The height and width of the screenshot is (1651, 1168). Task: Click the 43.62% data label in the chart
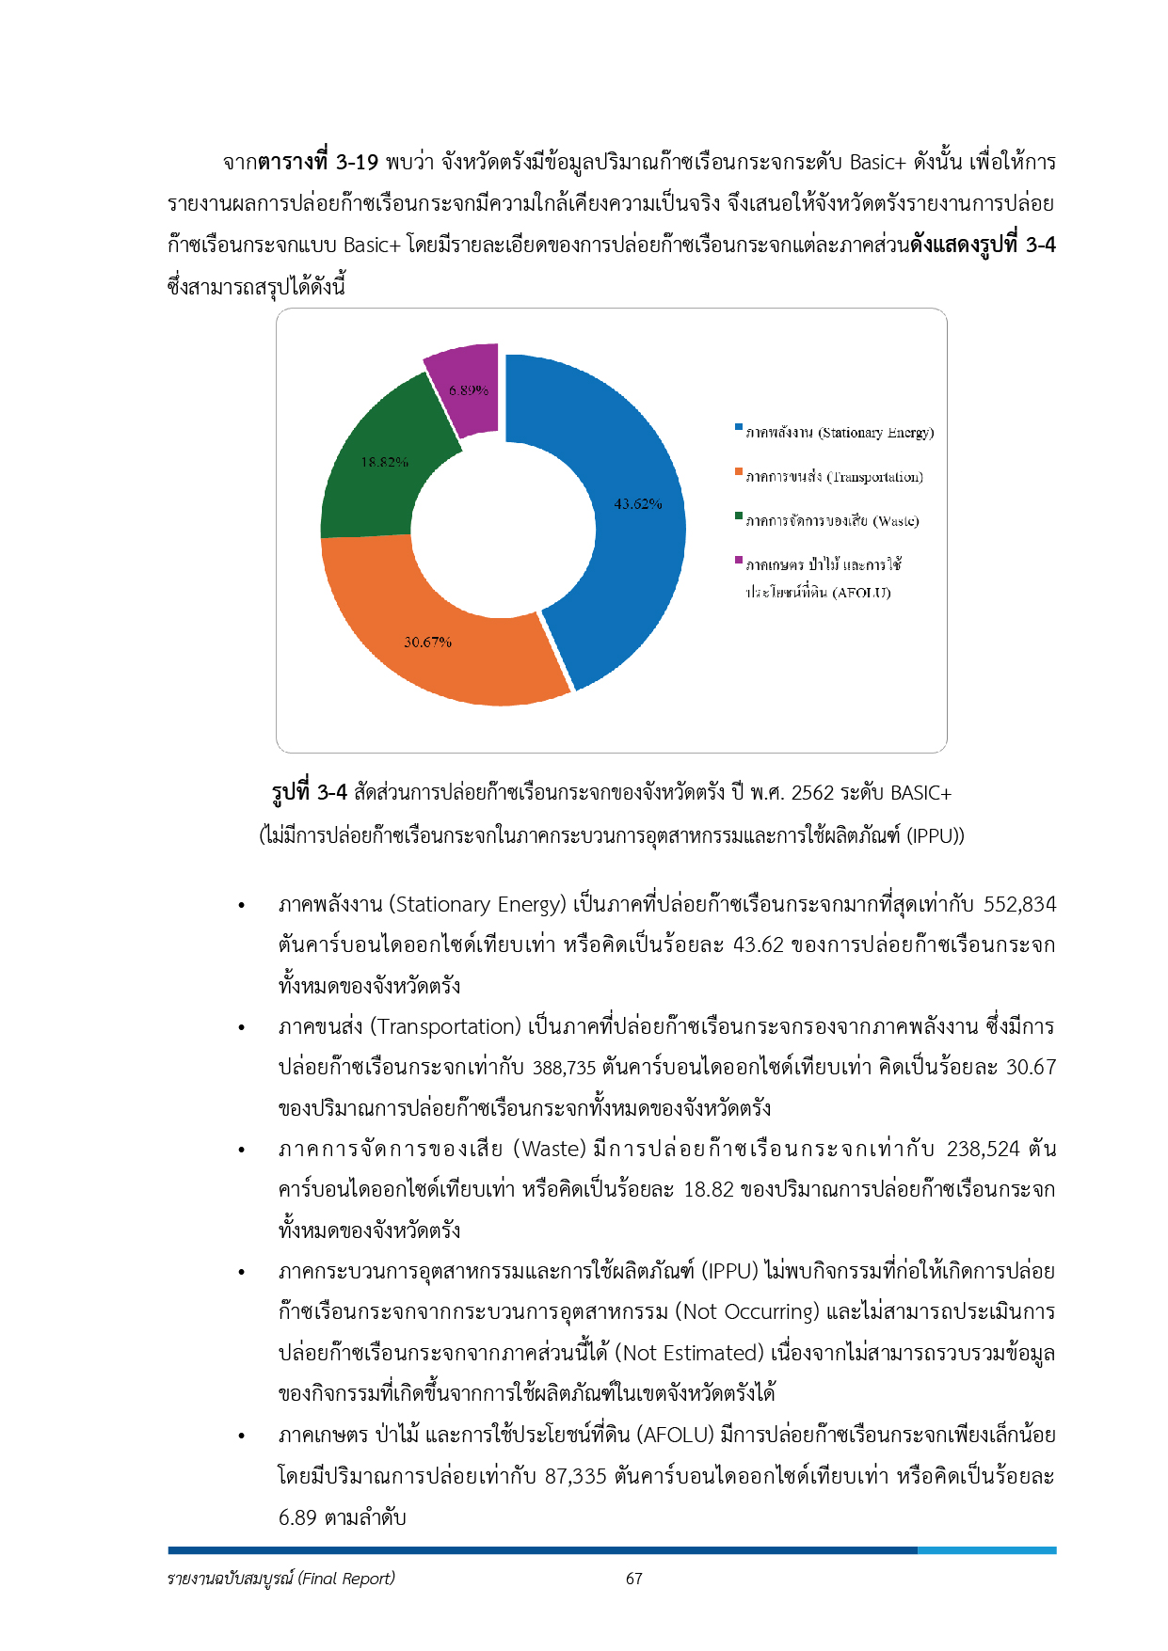(638, 504)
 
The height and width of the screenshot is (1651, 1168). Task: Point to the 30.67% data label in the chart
(427, 643)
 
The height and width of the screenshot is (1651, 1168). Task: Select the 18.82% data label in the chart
(384, 462)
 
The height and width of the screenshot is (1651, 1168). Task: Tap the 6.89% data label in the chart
(468, 390)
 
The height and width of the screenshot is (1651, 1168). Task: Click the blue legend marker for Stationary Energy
(739, 428)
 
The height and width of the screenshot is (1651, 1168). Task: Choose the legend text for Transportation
(834, 477)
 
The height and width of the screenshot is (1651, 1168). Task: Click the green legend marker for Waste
(739, 516)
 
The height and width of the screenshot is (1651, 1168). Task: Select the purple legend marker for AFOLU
(739, 561)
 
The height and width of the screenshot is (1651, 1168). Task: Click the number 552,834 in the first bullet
(1019, 905)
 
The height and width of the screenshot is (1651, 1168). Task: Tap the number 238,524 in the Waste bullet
(983, 1150)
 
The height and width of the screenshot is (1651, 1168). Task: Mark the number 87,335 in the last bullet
(575, 1476)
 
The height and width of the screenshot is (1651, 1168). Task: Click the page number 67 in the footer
(634, 1579)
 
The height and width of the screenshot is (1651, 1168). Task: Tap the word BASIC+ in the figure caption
(920, 793)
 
